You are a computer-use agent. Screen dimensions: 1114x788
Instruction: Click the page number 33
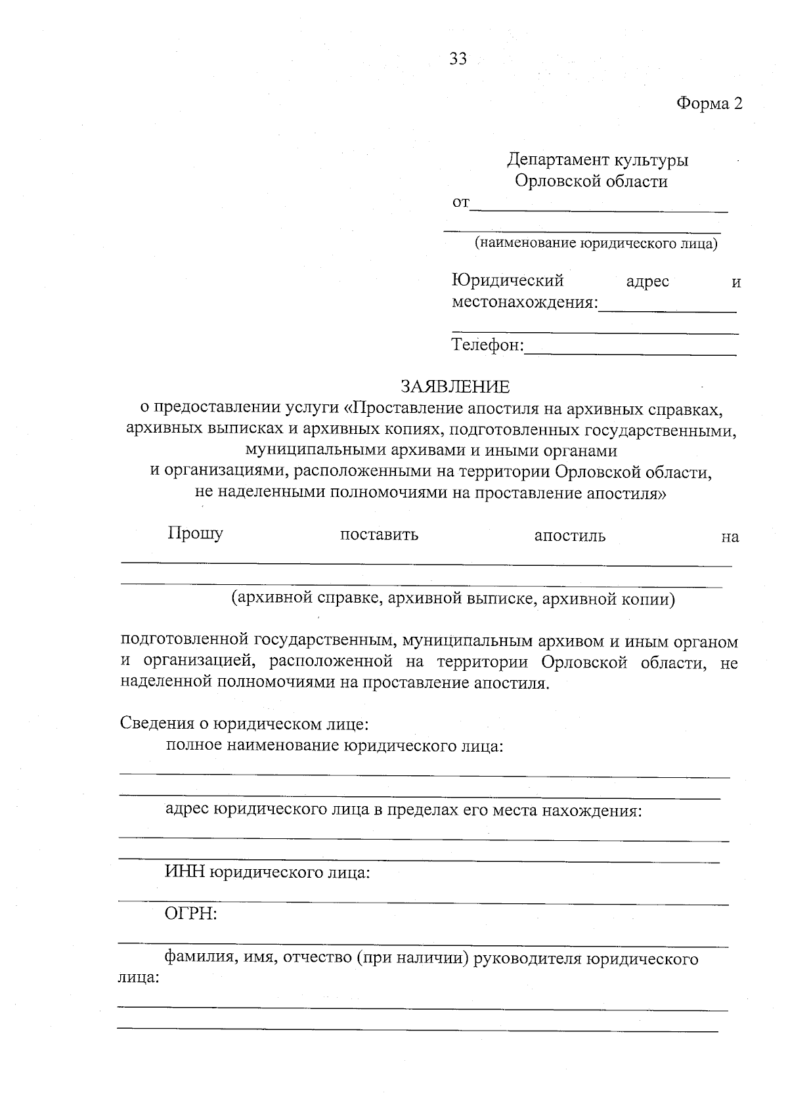pyautogui.click(x=458, y=59)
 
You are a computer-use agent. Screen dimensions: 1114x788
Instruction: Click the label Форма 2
pyautogui.click(x=709, y=104)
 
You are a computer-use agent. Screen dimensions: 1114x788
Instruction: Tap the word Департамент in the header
pyautogui.click(x=558, y=160)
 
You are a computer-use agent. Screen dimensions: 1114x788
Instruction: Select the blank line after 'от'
pyautogui.click(x=599, y=207)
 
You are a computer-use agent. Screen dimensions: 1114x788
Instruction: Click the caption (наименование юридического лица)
pyautogui.click(x=596, y=244)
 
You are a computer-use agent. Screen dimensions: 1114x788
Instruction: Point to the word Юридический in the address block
pyautogui.click(x=508, y=281)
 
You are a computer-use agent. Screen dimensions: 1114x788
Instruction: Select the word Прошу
pyautogui.click(x=196, y=533)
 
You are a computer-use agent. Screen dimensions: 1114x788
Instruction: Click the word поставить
pyautogui.click(x=379, y=535)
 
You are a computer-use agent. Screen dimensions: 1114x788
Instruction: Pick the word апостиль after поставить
pyautogui.click(x=570, y=536)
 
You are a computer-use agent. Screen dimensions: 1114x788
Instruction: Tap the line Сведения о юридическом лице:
pyautogui.click(x=244, y=723)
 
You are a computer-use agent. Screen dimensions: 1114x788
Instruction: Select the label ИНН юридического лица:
pyautogui.click(x=267, y=873)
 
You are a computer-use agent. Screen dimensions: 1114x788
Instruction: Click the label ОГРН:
pyautogui.click(x=191, y=914)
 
